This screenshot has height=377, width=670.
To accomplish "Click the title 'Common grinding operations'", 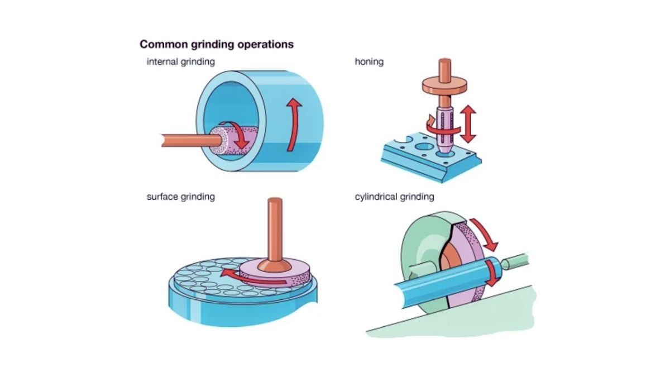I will coord(216,44).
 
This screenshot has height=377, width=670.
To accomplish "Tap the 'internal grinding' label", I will coord(180,61).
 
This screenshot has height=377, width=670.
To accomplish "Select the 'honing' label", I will coord(369,61).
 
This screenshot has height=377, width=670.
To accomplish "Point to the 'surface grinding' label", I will coord(180,197).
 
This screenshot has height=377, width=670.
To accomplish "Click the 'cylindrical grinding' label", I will coord(394,197).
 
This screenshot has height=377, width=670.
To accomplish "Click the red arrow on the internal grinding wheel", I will coord(241,136).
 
